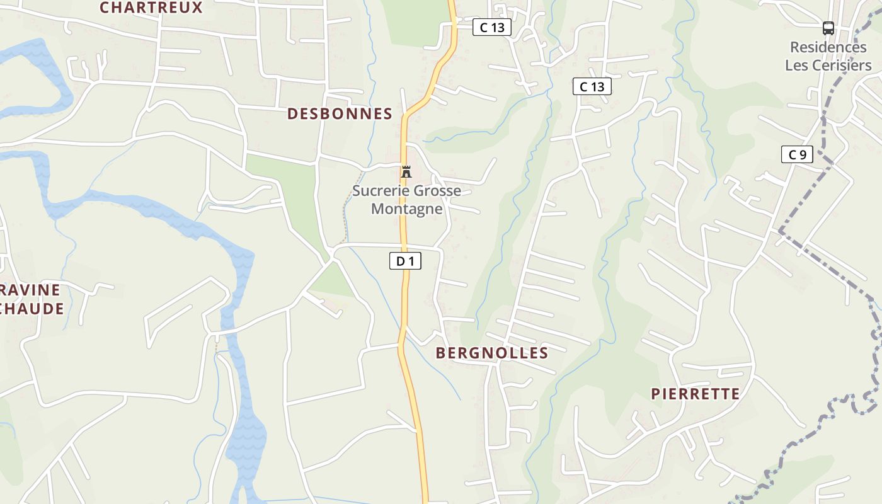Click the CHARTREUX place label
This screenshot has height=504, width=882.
[151, 8]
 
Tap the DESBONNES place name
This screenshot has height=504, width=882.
[340, 114]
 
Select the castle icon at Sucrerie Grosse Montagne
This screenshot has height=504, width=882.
[406, 171]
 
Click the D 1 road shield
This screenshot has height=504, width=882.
[405, 261]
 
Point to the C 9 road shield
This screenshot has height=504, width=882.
[797, 154]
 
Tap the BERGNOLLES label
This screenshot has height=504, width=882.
[492, 353]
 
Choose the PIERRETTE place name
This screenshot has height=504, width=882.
[695, 394]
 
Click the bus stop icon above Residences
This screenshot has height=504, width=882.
[828, 28]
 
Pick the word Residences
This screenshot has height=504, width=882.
[828, 47]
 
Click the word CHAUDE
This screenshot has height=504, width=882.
[31, 309]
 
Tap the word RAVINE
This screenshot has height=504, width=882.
[30, 290]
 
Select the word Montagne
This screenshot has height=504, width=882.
[407, 209]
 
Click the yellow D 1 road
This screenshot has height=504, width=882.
[404, 296]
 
